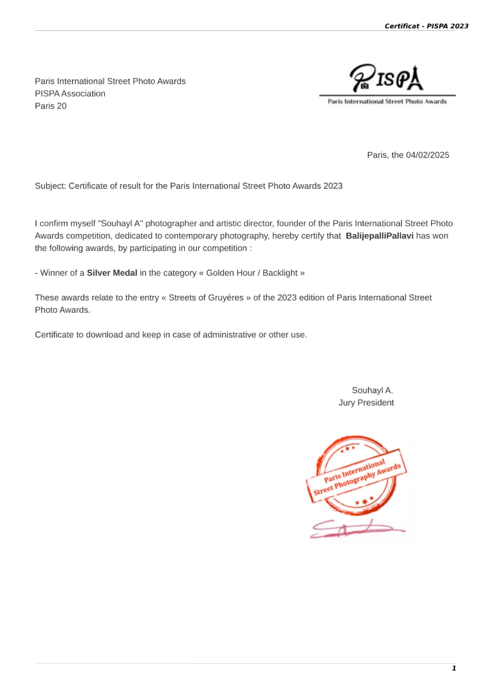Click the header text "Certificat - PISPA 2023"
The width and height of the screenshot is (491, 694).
426,26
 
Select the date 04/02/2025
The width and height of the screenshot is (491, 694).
427,155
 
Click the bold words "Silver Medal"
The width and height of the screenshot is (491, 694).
112,273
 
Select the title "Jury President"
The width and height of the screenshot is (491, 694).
366,403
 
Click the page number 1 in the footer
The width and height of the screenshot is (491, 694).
453,668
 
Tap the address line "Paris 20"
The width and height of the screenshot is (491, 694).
50,106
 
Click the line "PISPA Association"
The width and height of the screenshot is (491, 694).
70,93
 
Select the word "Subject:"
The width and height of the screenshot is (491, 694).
50,185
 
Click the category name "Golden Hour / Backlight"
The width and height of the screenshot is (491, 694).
250,273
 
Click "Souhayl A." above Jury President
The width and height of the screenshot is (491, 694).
372,390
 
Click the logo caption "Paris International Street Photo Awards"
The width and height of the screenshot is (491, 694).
387,102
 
